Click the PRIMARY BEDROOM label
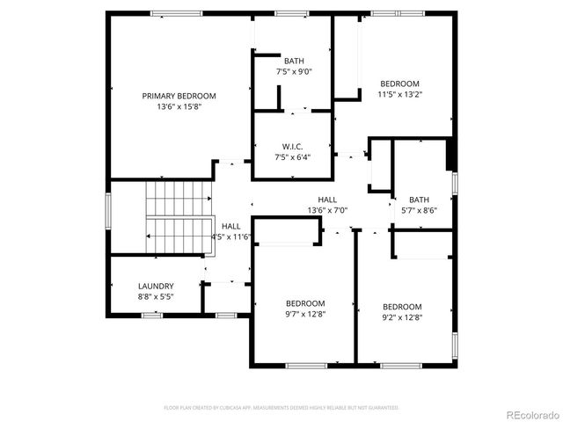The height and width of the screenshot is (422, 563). (x=179, y=96)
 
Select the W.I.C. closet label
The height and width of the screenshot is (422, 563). (x=292, y=146)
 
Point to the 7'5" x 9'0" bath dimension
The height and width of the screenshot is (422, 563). (x=294, y=71)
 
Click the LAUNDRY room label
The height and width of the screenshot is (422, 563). (x=156, y=286)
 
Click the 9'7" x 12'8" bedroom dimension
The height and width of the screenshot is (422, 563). (x=304, y=314)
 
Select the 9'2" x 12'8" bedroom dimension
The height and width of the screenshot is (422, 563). (x=401, y=317)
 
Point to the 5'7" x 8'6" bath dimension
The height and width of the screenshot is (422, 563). (x=419, y=210)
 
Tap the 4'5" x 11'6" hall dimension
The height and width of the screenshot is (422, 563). (x=231, y=236)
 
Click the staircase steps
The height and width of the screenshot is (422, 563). (x=179, y=215)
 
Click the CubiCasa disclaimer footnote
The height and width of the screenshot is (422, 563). (x=281, y=408)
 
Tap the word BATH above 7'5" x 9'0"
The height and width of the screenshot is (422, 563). (x=294, y=61)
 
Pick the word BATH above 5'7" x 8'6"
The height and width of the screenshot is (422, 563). (x=419, y=200)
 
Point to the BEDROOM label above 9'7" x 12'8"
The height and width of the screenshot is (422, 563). (x=304, y=303)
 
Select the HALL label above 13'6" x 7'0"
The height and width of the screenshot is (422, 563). (x=328, y=200)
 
